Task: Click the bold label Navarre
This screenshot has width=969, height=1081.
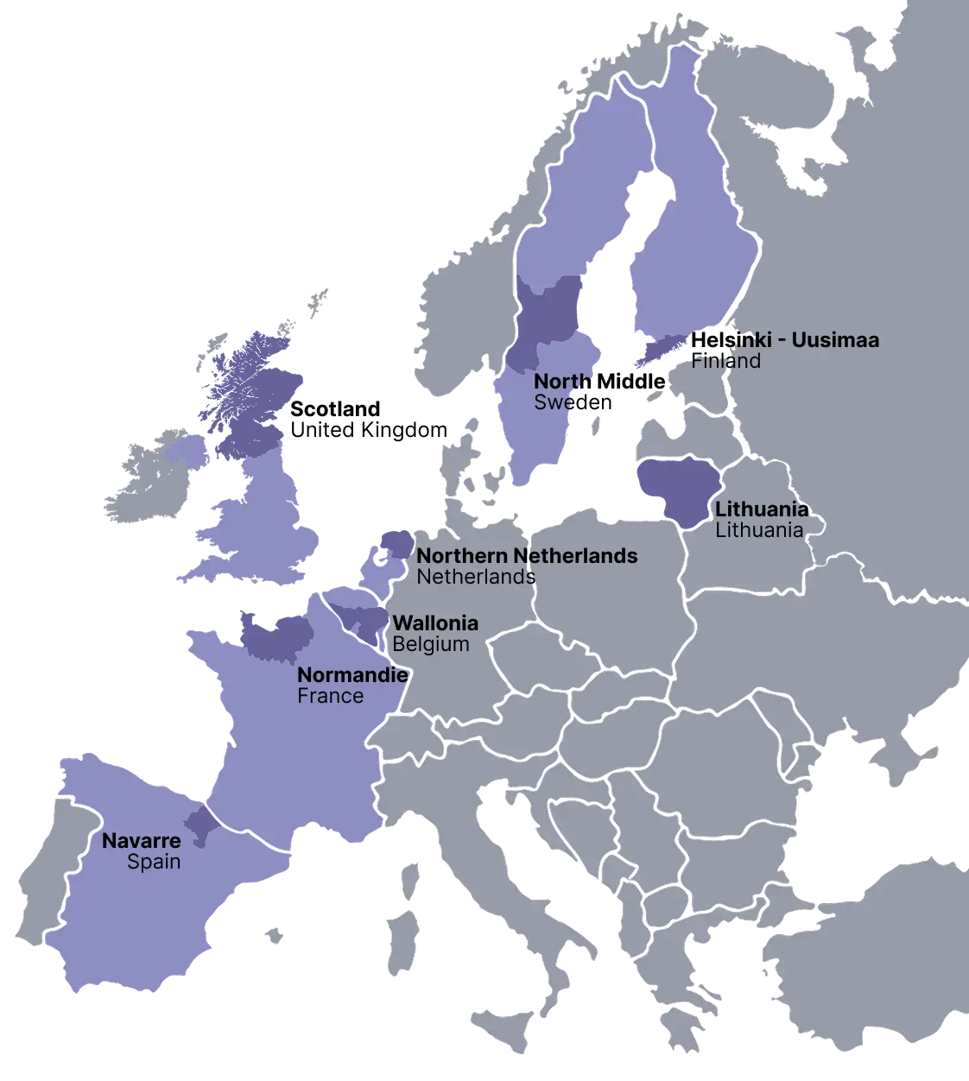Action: (x=142, y=840)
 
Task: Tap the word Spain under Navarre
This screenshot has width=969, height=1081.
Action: (x=154, y=861)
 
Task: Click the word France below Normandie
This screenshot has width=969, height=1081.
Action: (x=330, y=695)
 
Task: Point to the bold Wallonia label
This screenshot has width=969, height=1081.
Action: (x=435, y=623)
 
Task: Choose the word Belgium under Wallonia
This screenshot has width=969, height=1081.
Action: (x=431, y=644)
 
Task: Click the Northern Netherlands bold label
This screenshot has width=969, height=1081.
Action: (x=527, y=556)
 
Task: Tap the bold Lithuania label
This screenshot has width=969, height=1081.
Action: (x=762, y=509)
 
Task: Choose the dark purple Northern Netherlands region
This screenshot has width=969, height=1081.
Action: (x=396, y=545)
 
